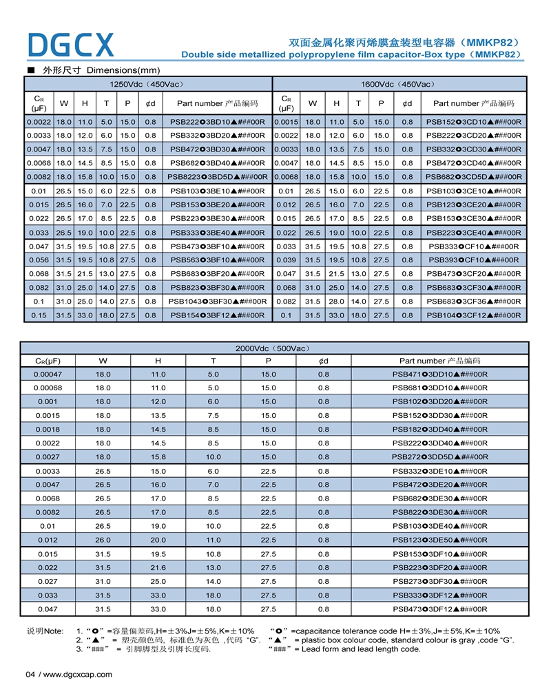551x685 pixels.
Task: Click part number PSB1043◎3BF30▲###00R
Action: coord(217,301)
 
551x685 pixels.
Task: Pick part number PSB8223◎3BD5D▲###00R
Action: coord(217,177)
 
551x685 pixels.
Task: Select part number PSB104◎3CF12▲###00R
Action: coord(473,315)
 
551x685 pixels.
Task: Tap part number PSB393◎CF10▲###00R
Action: coord(473,260)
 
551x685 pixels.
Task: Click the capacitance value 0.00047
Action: coord(48,374)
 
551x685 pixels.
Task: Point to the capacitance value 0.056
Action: coord(39,260)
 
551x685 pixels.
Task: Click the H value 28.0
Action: coord(336,301)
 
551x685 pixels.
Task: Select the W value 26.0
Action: coord(103,540)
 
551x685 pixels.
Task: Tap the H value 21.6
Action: coord(158,567)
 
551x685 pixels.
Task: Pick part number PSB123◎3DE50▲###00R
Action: coord(439,540)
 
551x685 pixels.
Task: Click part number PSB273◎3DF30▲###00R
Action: coord(439,581)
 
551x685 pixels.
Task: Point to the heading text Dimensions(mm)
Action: coord(123,70)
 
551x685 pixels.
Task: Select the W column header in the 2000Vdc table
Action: coord(103,361)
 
